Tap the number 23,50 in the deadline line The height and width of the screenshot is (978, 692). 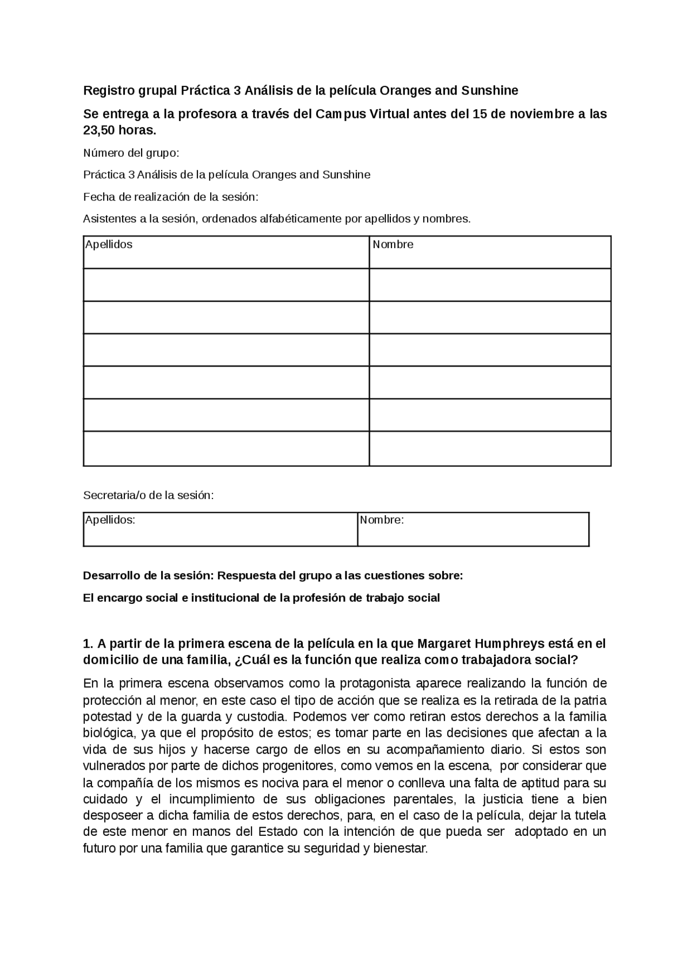[100, 130]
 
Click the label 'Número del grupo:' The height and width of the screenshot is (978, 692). [131, 153]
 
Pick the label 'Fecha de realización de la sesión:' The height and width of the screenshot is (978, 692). [170, 197]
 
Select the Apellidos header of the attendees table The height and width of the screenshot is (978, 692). [109, 244]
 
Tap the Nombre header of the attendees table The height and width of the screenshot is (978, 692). [393, 244]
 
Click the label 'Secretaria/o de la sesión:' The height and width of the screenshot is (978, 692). [148, 495]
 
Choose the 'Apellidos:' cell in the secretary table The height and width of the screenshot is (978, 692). [110, 520]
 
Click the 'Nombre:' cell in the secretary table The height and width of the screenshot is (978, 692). [382, 520]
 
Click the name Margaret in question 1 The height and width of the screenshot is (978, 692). [443, 644]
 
